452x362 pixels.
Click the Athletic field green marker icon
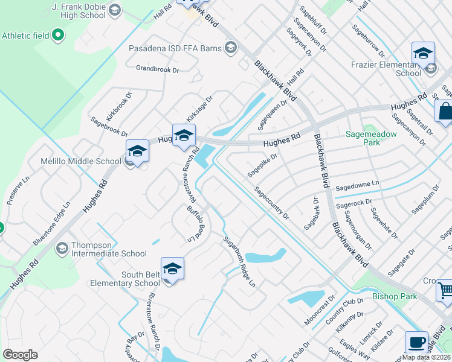click(x=58, y=36)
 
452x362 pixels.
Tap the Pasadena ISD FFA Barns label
click(x=176, y=48)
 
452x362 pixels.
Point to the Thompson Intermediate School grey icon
click(x=62, y=249)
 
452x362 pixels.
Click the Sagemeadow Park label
click(x=371, y=138)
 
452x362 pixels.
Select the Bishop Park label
click(x=395, y=296)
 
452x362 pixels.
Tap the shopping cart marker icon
click(x=445, y=291)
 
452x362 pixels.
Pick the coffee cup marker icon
click(x=416, y=342)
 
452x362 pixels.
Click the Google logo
click(x=20, y=355)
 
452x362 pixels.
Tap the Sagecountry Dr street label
click(x=271, y=203)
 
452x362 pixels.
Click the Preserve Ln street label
click(x=18, y=191)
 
